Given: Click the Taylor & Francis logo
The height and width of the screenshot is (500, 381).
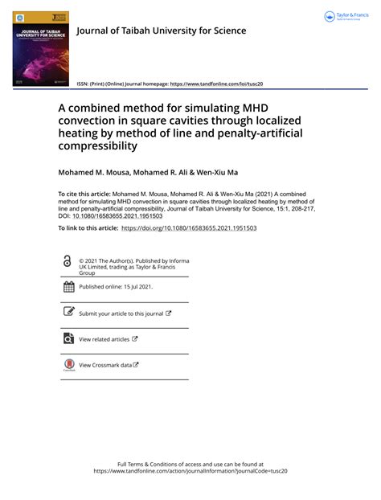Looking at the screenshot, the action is (x=345, y=17).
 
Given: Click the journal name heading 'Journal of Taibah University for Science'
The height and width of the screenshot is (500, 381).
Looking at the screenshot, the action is (x=161, y=31).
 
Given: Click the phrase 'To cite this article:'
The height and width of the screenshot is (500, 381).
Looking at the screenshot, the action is (x=84, y=194).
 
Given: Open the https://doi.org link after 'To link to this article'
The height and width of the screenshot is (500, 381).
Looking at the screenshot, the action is (x=189, y=228).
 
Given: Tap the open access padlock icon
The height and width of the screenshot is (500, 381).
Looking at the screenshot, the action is (x=68, y=260).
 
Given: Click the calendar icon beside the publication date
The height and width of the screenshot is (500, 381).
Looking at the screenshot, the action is (x=68, y=287).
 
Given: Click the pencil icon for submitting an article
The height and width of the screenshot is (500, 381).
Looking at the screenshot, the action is (x=68, y=313).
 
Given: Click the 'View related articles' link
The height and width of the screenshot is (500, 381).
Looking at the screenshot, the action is (x=104, y=339).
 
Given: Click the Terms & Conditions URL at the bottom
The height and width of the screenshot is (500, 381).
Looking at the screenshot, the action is (x=190, y=471).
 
